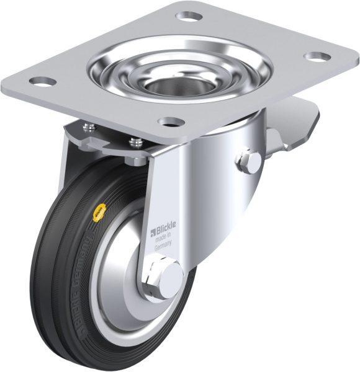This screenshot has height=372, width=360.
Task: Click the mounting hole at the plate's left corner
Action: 41,81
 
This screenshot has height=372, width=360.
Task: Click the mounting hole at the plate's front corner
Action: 168,122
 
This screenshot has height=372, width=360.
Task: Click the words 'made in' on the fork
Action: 164,239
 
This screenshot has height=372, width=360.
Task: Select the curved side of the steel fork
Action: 205,186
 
